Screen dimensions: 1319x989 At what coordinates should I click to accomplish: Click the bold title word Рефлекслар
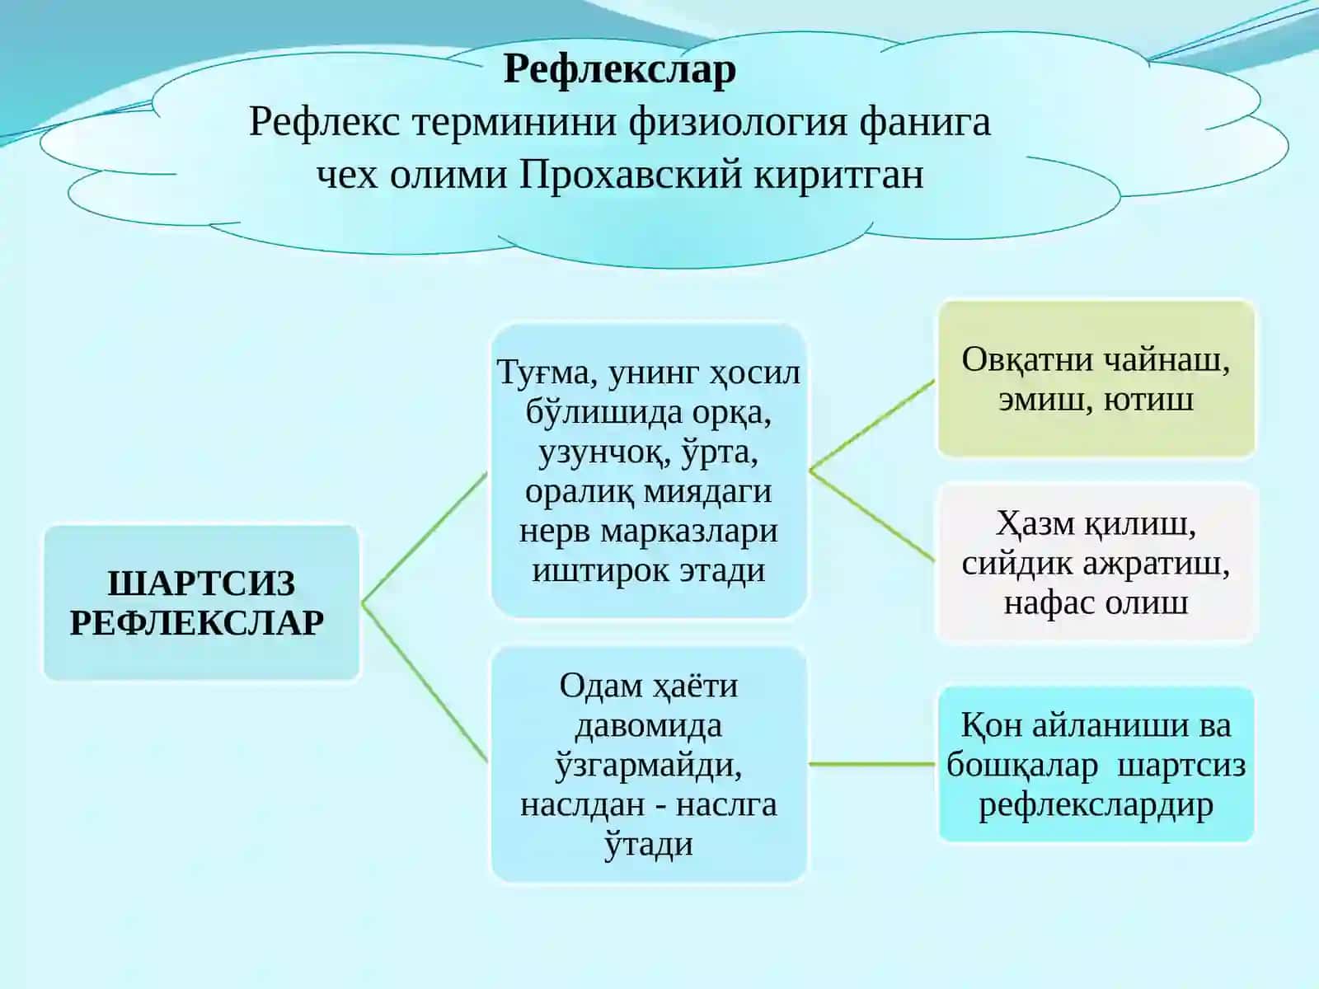[620, 70]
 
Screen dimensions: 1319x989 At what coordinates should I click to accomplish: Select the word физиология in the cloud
[737, 123]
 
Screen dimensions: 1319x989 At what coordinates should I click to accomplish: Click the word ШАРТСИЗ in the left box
[201, 583]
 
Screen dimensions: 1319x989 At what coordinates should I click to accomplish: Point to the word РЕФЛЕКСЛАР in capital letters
[197, 622]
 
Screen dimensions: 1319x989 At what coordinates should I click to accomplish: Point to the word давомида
[649, 725]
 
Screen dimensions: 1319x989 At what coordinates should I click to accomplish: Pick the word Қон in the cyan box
[992, 726]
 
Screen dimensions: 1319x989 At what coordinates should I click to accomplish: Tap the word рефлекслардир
[1096, 806]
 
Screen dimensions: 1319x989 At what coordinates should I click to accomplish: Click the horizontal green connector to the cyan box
[872, 765]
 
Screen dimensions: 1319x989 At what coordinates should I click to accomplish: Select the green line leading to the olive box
[872, 426]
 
